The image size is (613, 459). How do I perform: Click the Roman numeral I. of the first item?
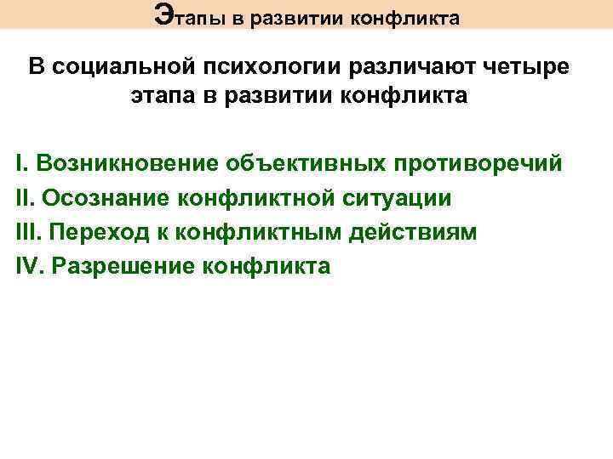coord(21,162)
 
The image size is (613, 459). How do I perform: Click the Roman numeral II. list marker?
coord(26,197)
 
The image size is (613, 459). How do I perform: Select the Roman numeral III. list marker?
coord(29,231)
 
